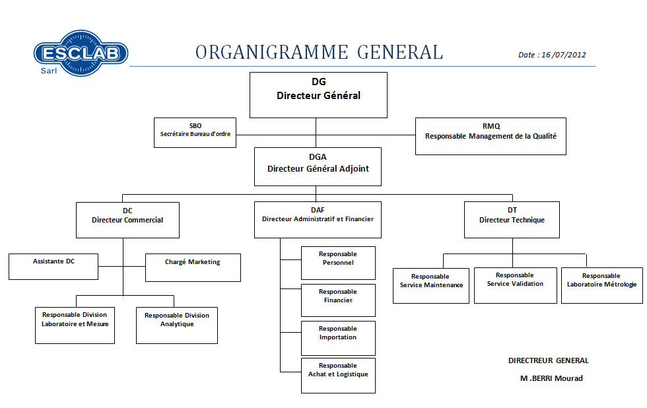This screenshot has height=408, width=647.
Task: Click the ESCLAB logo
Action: point(81,53)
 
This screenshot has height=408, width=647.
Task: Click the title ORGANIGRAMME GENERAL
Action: point(319,52)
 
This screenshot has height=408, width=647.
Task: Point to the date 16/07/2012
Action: point(552,55)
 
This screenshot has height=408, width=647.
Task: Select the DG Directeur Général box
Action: point(318,95)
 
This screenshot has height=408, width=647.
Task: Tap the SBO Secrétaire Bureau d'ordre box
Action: point(195,132)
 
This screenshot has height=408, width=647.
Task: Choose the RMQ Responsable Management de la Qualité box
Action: point(491,136)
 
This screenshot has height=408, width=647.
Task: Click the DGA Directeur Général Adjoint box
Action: point(318,166)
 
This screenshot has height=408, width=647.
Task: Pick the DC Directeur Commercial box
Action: point(127,220)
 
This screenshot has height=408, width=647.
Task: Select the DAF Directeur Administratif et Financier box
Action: point(318,219)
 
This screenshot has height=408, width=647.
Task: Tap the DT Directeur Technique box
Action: point(512,220)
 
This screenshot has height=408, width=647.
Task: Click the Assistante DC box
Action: point(53,266)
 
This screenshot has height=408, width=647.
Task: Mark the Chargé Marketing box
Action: point(193,267)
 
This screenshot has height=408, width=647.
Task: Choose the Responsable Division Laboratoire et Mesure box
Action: point(75,325)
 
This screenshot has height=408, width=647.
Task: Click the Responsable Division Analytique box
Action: point(177,325)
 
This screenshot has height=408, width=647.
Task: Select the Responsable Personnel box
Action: point(338,263)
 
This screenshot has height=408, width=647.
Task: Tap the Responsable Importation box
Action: point(338,337)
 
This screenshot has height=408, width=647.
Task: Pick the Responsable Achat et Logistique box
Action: point(338,375)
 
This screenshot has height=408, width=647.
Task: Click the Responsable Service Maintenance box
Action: point(431,285)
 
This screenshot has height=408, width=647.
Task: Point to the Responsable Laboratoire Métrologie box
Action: point(601,285)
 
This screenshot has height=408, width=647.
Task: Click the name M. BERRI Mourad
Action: point(551,378)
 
